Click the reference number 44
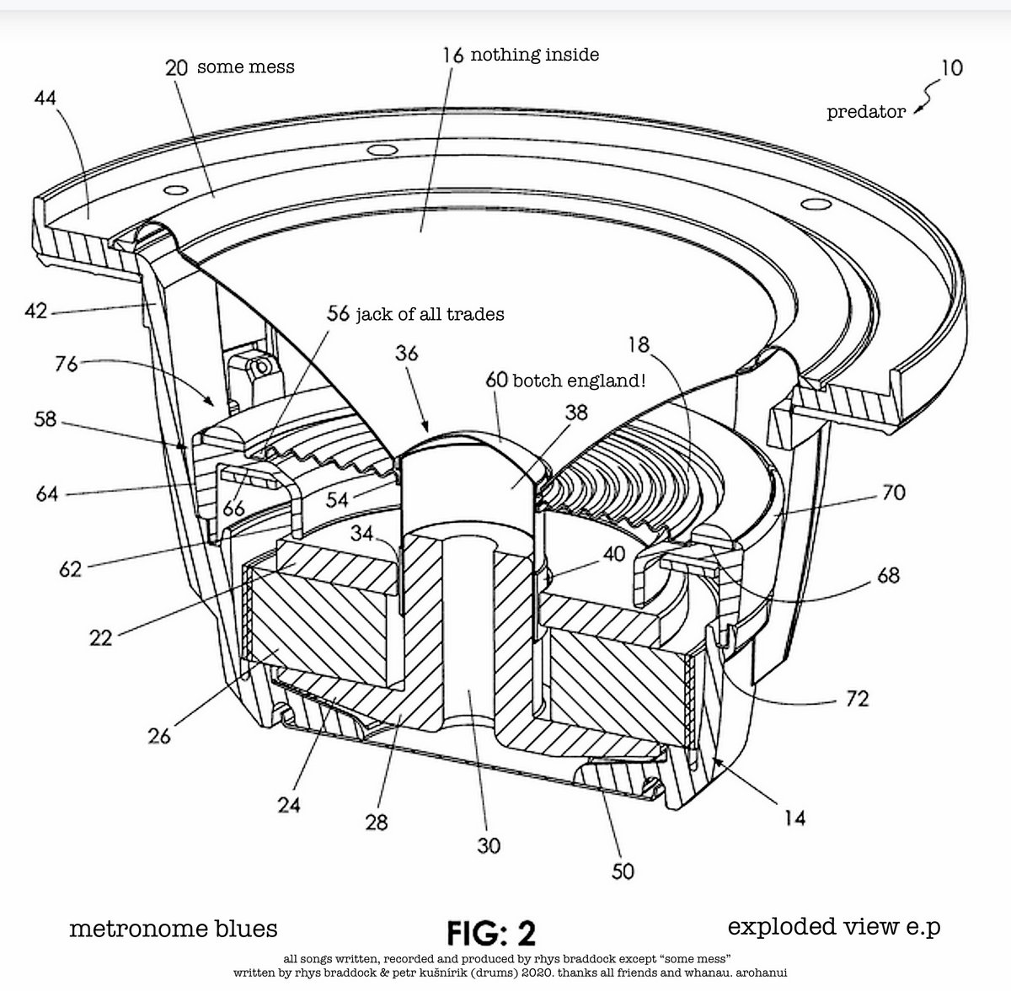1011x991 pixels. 45,98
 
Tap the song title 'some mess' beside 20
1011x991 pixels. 245,67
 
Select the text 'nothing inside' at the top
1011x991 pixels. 534,55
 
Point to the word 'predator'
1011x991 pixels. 866,111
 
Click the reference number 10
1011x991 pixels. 951,67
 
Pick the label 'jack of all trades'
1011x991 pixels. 429,314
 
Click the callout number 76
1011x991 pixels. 67,364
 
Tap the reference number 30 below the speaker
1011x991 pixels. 489,844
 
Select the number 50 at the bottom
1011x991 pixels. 623,870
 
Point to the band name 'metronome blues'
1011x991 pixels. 174,929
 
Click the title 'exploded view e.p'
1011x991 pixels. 833,927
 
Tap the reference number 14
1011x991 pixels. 794,817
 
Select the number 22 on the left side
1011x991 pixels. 100,638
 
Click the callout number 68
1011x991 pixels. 888,576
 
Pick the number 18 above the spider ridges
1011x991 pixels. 642,344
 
